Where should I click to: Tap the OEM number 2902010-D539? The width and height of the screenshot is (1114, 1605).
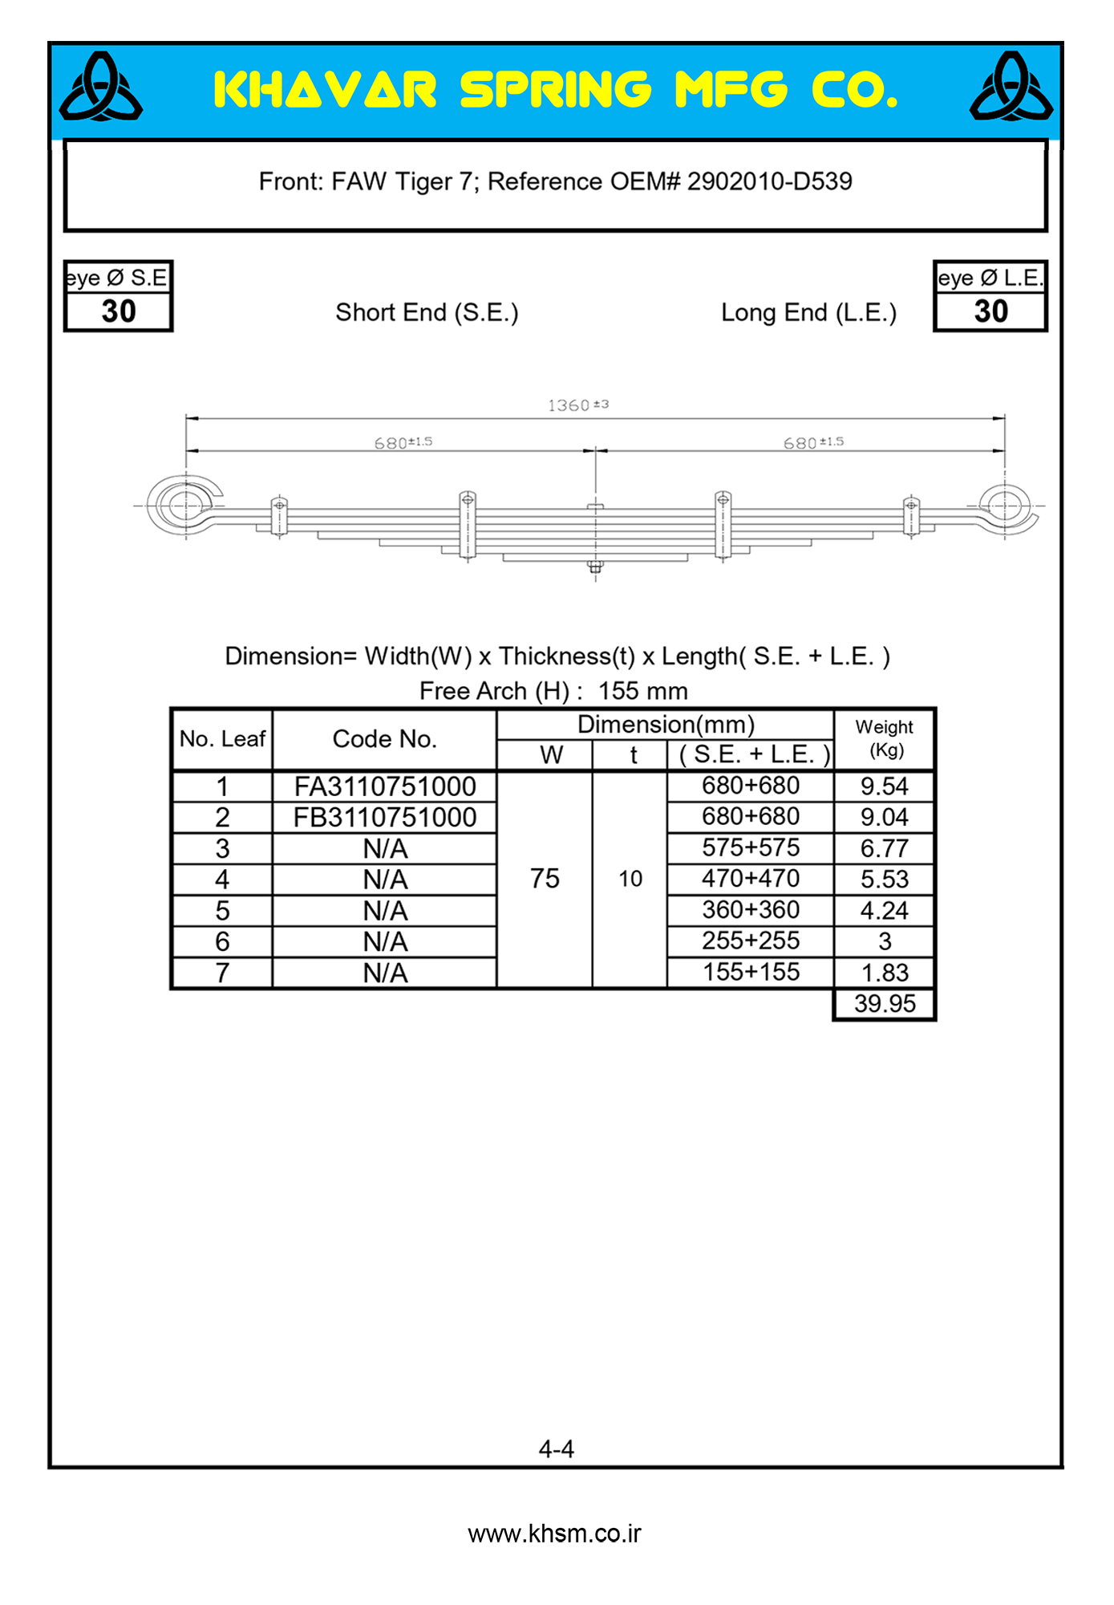click(x=769, y=181)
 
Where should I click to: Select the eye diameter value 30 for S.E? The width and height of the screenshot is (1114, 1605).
click(x=119, y=311)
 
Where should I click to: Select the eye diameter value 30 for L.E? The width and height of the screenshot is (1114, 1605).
click(x=990, y=311)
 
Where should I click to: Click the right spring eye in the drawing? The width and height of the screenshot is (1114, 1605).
click(x=1004, y=506)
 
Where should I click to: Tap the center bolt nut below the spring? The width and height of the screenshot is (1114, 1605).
click(x=595, y=567)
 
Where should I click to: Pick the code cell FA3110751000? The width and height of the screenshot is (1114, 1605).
click(x=385, y=786)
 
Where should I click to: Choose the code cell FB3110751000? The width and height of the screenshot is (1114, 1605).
click(x=385, y=818)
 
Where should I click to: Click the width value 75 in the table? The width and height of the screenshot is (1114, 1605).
click(x=545, y=879)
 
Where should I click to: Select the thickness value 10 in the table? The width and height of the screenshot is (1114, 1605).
click(x=630, y=880)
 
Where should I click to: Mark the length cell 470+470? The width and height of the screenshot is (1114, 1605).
click(x=751, y=879)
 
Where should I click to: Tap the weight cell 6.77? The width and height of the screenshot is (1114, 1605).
click(x=884, y=848)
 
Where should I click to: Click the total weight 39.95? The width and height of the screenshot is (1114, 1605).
click(x=884, y=1004)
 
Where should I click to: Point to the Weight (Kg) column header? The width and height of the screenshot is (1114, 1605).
click(x=885, y=738)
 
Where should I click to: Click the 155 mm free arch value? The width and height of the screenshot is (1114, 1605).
click(x=642, y=691)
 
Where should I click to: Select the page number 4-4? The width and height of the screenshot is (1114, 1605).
click(x=557, y=1449)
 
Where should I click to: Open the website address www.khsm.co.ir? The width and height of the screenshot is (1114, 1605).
click(x=555, y=1534)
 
